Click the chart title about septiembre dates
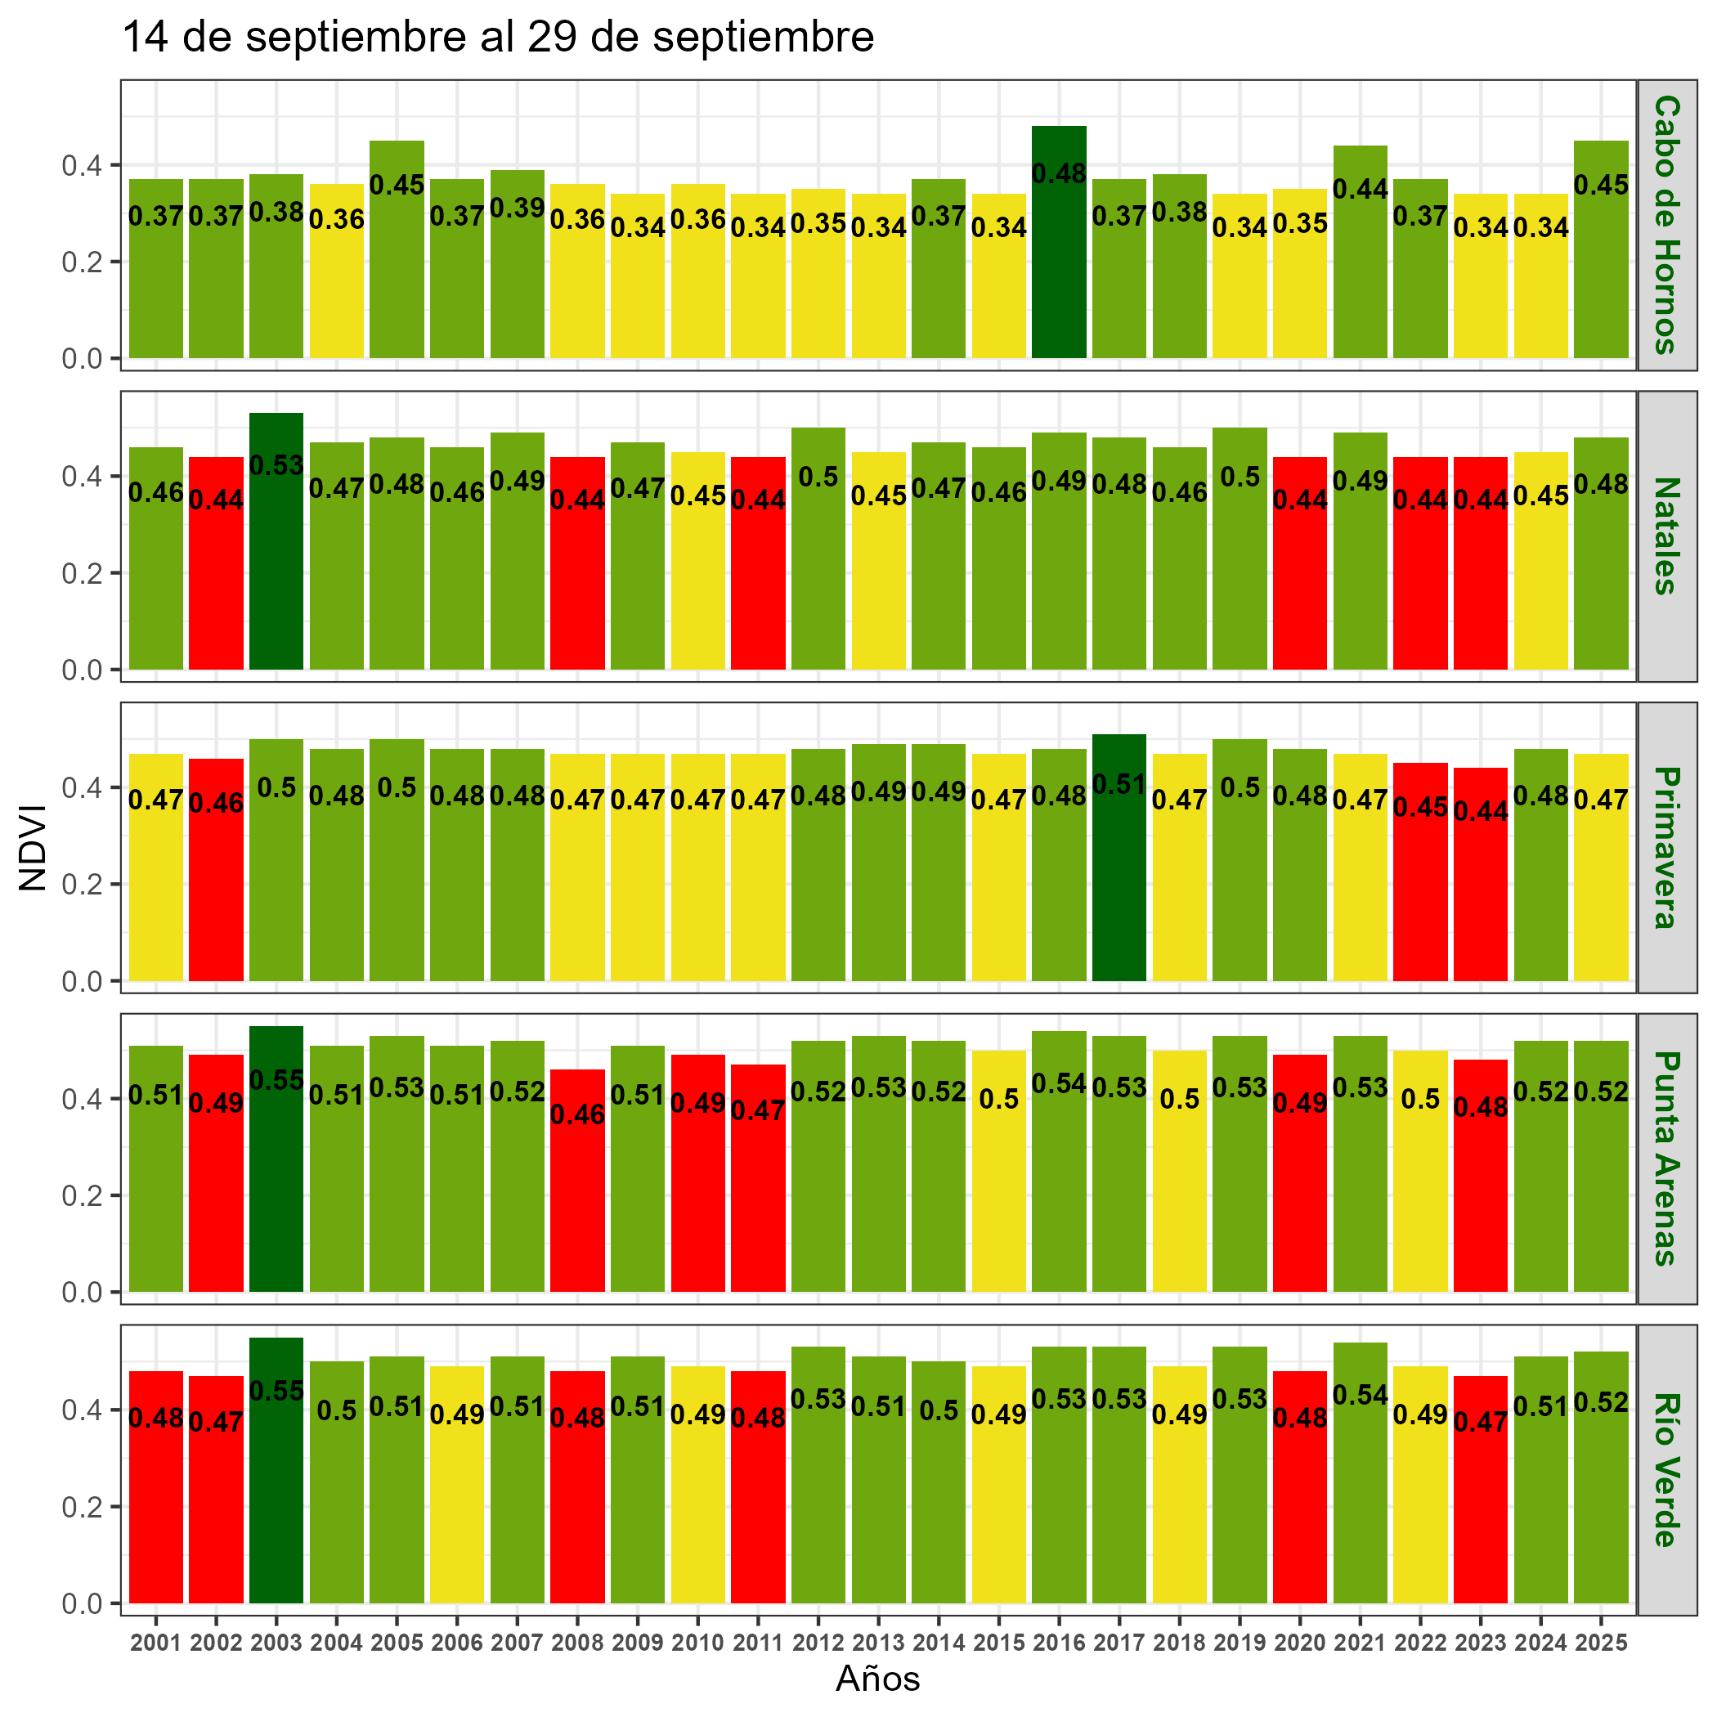click(498, 38)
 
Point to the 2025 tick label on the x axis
click(1601, 1643)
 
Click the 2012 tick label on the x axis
click(818, 1643)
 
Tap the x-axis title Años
click(877, 1679)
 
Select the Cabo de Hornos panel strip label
click(1666, 225)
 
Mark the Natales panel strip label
click(1666, 536)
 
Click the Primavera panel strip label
click(1666, 847)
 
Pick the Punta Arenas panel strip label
click(1666, 1158)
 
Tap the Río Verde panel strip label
click(1666, 1470)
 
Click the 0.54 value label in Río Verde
click(1360, 1396)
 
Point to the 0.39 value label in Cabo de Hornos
click(518, 208)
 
